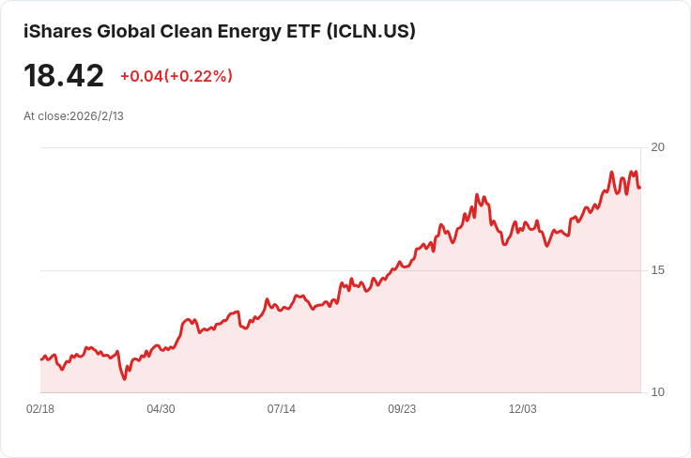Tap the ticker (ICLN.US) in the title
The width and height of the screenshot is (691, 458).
point(370,31)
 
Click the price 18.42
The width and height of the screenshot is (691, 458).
point(64,76)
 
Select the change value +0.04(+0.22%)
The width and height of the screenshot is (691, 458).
point(177,76)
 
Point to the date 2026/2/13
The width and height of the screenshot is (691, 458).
point(97,116)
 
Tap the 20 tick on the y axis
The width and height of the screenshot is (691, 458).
point(657,147)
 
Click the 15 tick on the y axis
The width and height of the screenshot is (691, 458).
point(657,270)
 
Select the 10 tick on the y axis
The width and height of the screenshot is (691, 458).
point(657,392)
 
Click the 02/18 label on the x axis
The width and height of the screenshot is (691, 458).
point(40,409)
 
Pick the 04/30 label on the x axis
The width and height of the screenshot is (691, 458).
point(161,409)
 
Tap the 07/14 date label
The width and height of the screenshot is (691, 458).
point(282,409)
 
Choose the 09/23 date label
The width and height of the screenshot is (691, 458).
point(402,409)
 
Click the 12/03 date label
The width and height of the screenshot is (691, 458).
point(522,409)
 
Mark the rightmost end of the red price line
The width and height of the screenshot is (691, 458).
point(640,188)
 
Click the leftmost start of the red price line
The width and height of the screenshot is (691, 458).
point(41,359)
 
